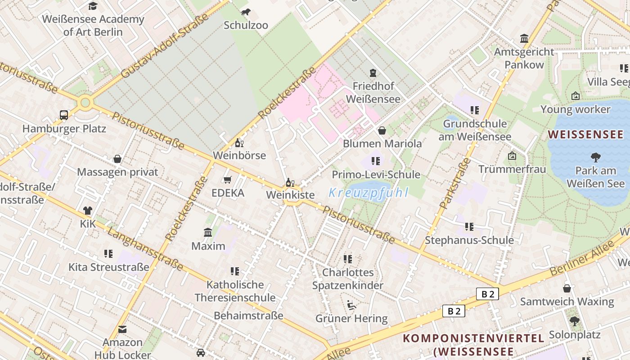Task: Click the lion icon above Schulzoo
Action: [x=246, y=12]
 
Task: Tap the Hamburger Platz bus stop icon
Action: [x=64, y=115]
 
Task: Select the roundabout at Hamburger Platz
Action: [x=85, y=103]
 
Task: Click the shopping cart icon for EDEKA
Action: [x=228, y=180]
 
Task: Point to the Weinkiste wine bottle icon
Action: [x=290, y=182]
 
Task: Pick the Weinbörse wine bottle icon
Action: [x=239, y=143]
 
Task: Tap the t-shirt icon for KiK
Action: [x=87, y=210]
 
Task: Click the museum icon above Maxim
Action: [x=208, y=232]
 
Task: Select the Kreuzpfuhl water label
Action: [x=368, y=193]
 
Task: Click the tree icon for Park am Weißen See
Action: [x=595, y=157]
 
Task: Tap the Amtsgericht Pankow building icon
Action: [x=524, y=38]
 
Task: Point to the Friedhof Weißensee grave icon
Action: [x=373, y=72]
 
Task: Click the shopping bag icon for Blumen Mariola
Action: [x=382, y=130]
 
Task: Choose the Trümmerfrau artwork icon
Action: [x=512, y=156]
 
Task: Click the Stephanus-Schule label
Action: [x=469, y=240]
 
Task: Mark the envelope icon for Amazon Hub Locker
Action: [x=122, y=329]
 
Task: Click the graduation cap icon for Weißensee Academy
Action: [x=93, y=6]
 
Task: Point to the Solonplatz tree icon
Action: [x=574, y=321]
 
